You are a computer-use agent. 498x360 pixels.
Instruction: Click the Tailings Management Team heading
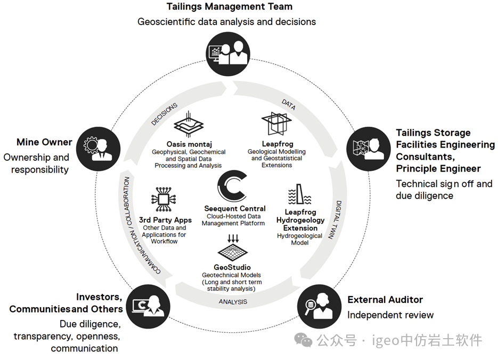coord(229,7)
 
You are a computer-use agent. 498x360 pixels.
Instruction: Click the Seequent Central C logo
coord(232,187)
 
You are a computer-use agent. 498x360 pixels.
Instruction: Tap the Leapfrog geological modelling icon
coord(277,124)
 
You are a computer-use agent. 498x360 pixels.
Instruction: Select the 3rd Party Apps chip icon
coord(164,199)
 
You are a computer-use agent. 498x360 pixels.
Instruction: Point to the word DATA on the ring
coord(288,104)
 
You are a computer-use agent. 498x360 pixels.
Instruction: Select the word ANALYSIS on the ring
coord(233,302)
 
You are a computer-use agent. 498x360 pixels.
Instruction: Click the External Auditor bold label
coord(385,300)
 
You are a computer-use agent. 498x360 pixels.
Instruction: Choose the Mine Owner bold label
coord(44,142)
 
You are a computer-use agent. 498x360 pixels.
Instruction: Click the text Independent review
coord(390,315)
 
